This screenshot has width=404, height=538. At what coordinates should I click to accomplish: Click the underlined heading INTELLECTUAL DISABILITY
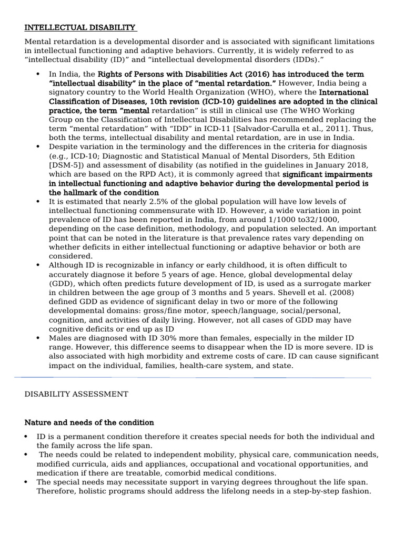pyautogui.click(x=80, y=27)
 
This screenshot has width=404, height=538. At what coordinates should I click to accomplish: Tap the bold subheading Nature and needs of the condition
pyautogui.click(x=89, y=422)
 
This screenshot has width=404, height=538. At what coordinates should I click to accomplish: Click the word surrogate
pyautogui.click(x=331, y=283)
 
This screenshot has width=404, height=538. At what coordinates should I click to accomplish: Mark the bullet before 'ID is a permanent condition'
pyautogui.click(x=27, y=437)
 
